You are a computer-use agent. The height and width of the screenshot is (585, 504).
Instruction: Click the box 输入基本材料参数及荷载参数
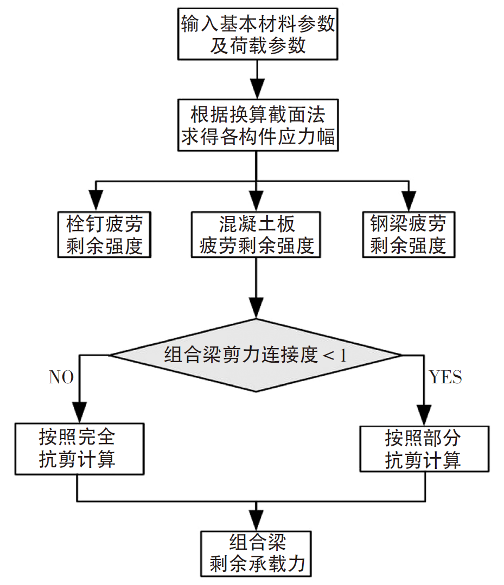coord(258,34)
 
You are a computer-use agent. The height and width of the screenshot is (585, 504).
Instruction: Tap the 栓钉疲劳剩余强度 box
coord(104,234)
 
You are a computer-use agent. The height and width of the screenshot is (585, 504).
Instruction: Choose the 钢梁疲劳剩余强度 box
coord(408,234)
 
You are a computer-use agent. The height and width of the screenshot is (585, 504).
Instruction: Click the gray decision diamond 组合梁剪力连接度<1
coord(256,355)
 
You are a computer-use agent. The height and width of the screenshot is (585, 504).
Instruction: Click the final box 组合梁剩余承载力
coord(257,554)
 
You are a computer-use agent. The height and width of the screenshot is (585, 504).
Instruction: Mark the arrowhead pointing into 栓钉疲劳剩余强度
coord(96,202)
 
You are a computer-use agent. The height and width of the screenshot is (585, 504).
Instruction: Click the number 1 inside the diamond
coord(342,356)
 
